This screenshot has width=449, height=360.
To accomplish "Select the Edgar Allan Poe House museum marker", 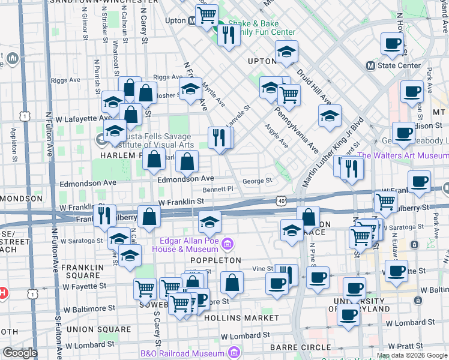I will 227,244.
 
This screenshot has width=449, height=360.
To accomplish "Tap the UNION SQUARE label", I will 98,329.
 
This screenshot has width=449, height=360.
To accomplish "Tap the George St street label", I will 257,180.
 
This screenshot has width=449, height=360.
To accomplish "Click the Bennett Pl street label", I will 217,189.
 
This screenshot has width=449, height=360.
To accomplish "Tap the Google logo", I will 20,353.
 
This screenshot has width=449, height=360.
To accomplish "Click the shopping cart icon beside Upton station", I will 207,14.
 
